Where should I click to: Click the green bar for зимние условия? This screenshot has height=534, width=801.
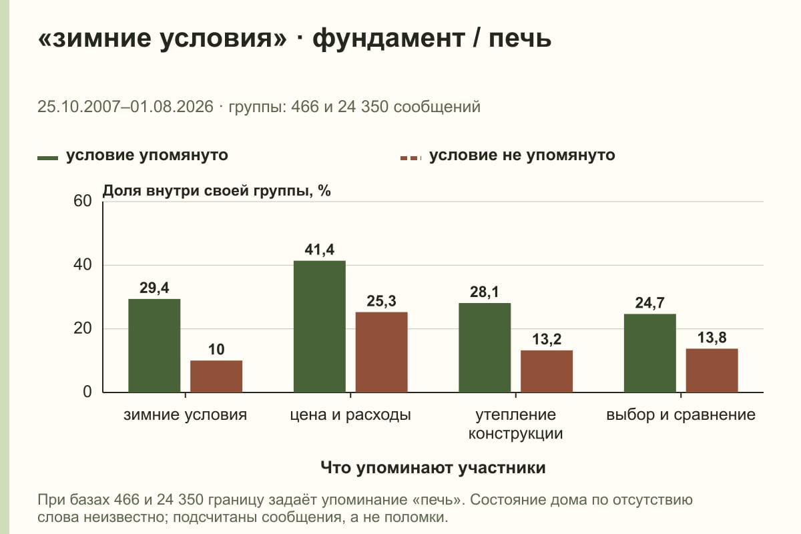click(x=154, y=346)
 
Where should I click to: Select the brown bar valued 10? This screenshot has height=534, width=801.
click(x=216, y=376)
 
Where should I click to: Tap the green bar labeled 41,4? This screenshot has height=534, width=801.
click(x=320, y=326)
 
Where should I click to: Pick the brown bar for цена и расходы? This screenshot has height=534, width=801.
click(x=382, y=352)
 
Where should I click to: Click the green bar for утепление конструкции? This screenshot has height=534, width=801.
click(x=485, y=348)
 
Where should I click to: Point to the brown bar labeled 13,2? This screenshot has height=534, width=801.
click(x=547, y=371)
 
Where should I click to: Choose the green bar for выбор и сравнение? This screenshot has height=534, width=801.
click(x=650, y=353)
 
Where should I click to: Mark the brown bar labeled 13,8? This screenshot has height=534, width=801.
click(x=712, y=370)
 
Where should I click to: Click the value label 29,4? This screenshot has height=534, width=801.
click(x=154, y=288)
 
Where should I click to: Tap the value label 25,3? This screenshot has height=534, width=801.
click(x=382, y=301)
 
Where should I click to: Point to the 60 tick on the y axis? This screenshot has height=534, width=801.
click(x=83, y=201)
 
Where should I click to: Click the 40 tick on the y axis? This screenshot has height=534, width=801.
click(x=83, y=265)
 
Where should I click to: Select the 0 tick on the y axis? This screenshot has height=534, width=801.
click(x=87, y=392)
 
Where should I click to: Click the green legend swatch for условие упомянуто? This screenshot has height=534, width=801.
click(x=47, y=158)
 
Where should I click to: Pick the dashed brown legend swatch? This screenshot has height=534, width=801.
click(x=411, y=158)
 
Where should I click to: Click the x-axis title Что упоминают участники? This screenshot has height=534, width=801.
click(x=433, y=468)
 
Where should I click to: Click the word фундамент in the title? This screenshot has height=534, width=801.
click(x=389, y=39)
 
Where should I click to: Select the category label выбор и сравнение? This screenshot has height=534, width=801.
click(x=681, y=415)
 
